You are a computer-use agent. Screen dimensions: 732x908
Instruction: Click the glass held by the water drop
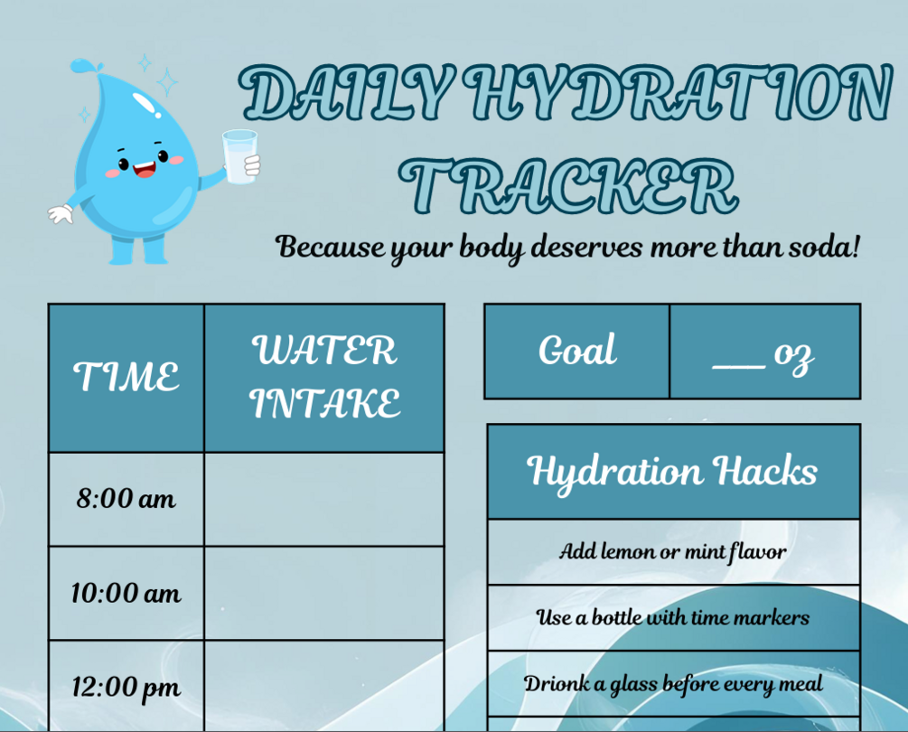coord(239,156)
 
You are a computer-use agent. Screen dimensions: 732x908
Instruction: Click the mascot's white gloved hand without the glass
coord(61,214)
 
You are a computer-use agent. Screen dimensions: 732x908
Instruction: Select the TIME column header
coord(126,377)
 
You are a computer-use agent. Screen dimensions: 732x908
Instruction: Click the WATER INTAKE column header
coord(324,377)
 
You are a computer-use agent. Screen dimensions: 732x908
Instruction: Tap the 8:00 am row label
coord(126,499)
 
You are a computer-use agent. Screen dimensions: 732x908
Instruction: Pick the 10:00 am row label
coord(126,594)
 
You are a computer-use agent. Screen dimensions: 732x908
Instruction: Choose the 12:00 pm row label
coord(126,688)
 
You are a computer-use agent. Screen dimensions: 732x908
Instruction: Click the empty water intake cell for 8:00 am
coord(324,499)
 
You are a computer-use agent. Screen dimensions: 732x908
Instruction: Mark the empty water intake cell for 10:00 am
coord(324,594)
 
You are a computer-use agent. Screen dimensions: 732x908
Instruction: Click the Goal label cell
coord(576,351)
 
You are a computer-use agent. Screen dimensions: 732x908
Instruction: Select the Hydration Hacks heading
coord(673,471)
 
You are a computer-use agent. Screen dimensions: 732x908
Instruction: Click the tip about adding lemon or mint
coord(673,551)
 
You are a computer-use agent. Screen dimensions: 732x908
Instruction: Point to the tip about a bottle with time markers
coord(673,618)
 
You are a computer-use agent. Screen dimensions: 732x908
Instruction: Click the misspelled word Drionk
coord(552,684)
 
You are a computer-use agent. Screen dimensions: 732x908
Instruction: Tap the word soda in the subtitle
coord(819,246)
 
